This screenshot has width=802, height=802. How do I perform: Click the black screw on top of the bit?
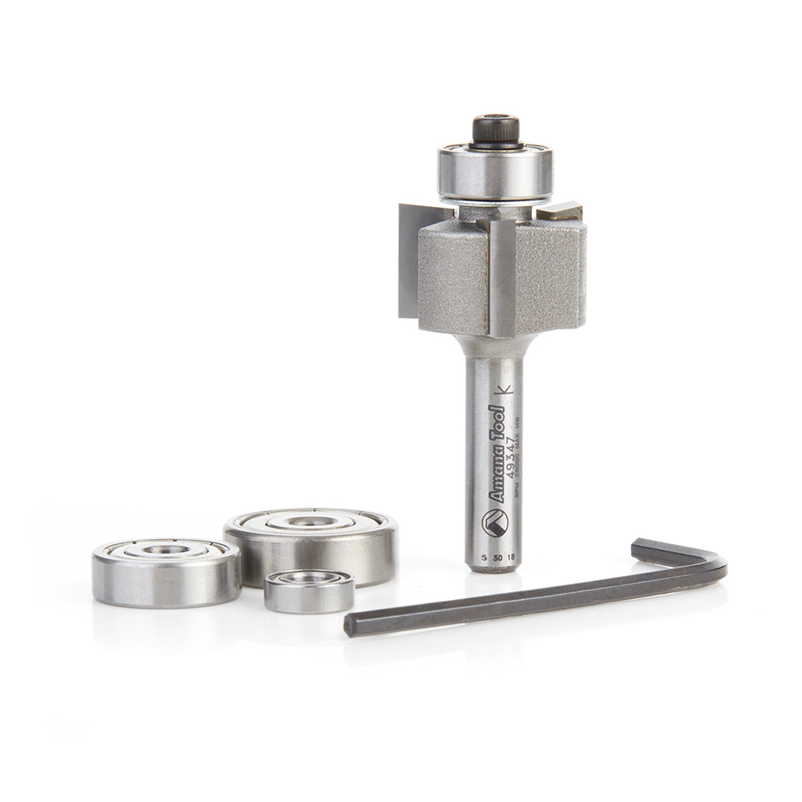coord(495,128)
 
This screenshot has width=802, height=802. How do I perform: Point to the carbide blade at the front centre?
coord(502,277)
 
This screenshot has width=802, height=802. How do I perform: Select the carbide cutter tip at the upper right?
coord(559,213)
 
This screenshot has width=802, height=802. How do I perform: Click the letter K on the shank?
coord(504,391)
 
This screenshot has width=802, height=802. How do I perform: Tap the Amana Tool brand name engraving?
coord(496,454)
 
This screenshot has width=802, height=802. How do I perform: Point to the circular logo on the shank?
coord(494,524)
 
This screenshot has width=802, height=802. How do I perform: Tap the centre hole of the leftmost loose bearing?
coord(166,550)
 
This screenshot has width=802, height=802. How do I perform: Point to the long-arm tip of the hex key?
coord(351,624)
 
